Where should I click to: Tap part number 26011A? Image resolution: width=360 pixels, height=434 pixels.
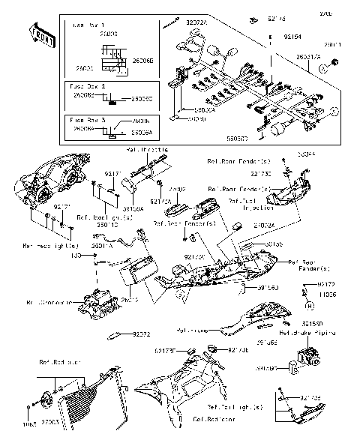tap(102, 244)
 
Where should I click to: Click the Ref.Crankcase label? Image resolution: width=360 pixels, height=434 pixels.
tap(49, 304)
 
